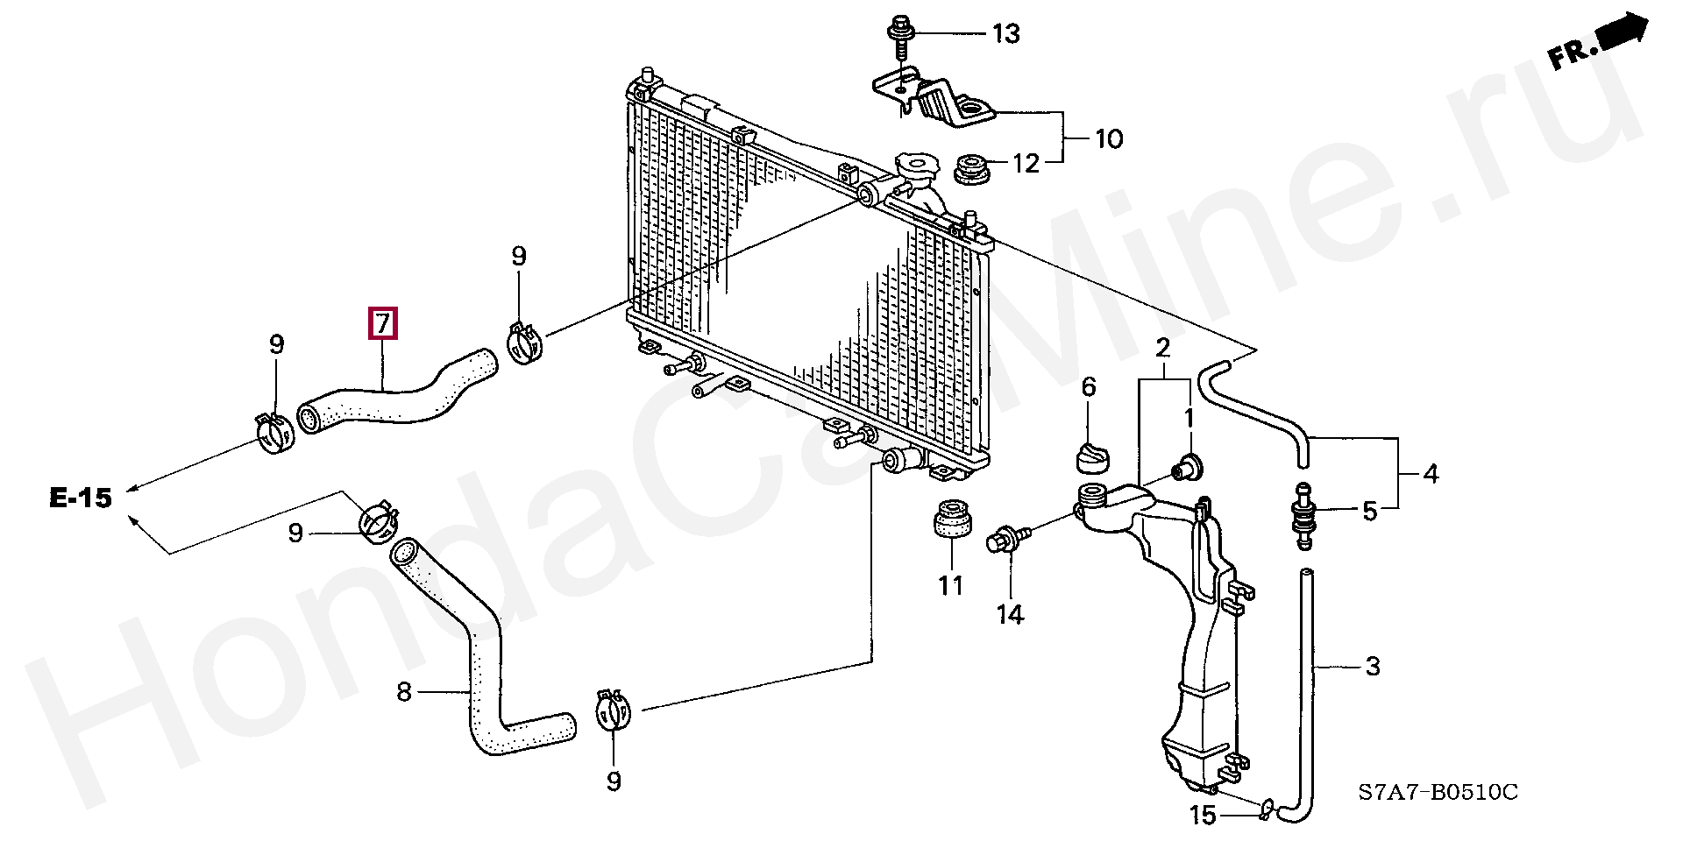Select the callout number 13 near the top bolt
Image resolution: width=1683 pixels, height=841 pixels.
tap(1005, 34)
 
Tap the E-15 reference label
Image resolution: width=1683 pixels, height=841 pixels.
tap(81, 499)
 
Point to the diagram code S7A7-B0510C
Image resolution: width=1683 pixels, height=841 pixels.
tap(1438, 793)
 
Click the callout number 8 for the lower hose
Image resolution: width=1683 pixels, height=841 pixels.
tap(403, 693)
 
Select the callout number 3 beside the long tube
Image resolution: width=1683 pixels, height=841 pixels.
tap(1373, 667)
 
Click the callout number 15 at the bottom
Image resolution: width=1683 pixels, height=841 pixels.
tap(1204, 816)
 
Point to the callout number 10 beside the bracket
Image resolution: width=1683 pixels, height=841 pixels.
tap(1109, 139)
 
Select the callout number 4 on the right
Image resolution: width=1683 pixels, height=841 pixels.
tap(1431, 474)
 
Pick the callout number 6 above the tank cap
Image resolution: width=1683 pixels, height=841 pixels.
tap(1088, 386)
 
